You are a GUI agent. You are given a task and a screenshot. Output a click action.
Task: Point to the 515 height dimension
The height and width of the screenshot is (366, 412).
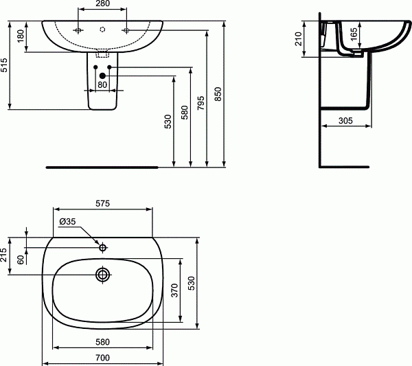click(x=6, y=64)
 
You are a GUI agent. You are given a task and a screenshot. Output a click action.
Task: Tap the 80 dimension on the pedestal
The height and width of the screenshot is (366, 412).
click(x=103, y=85)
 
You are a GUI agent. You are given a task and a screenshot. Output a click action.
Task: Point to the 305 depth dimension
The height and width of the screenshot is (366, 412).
click(x=347, y=120)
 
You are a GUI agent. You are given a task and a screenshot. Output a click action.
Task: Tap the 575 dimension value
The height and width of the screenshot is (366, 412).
click(x=103, y=203)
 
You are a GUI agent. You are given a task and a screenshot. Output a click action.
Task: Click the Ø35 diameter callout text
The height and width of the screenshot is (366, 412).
click(x=67, y=221)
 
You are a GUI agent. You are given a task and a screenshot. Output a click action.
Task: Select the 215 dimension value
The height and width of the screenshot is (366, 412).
click(x=5, y=255)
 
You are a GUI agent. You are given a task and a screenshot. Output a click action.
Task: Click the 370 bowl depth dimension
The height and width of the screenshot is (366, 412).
click(x=175, y=291)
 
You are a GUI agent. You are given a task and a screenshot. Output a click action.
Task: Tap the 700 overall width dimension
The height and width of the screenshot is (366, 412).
click(x=103, y=358)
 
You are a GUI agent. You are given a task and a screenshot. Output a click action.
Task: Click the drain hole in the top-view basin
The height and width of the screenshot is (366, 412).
click(x=103, y=275)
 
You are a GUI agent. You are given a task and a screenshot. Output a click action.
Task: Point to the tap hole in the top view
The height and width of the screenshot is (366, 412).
click(x=103, y=247)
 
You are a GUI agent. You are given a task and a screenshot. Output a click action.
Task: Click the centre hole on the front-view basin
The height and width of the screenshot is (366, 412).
click(x=103, y=30)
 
